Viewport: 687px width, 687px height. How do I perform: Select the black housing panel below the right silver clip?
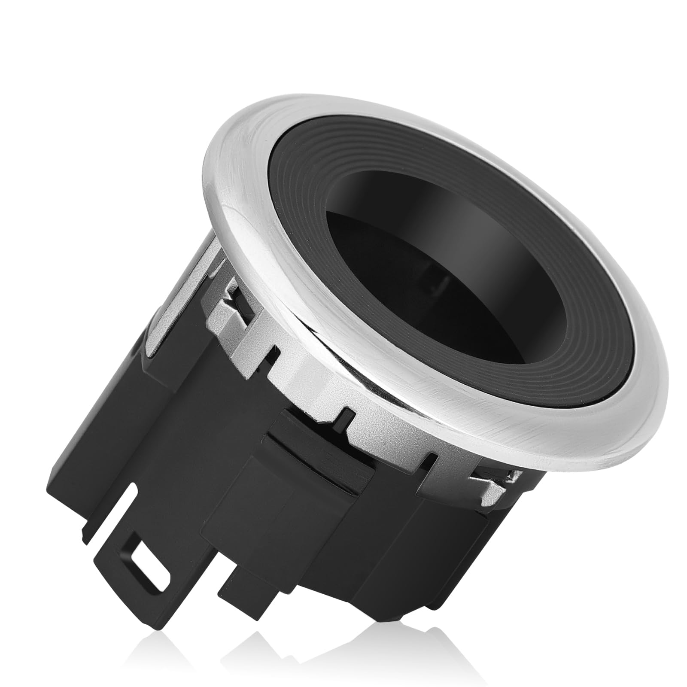pyautogui.click(x=464, y=537)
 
